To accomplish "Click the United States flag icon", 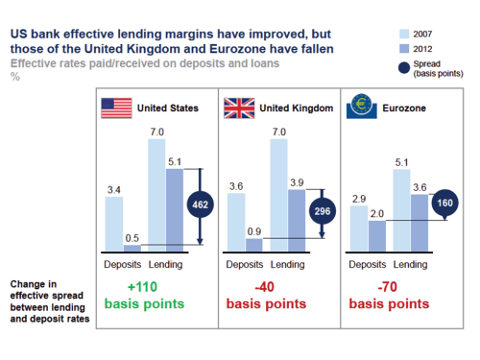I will tap(117, 108).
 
